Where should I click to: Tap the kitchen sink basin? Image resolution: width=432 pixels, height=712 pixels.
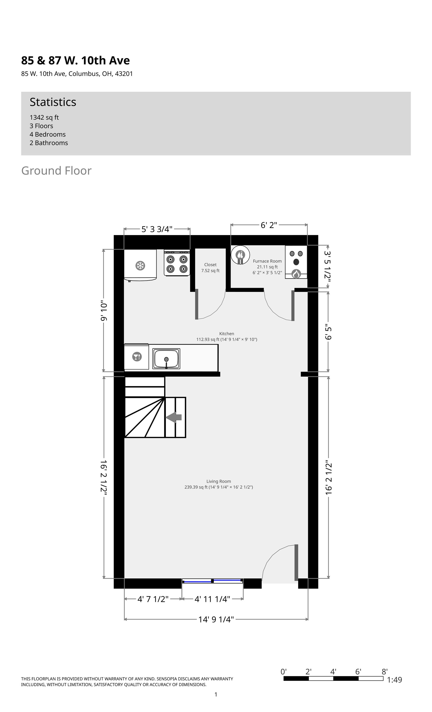pyautogui.click(x=166, y=359)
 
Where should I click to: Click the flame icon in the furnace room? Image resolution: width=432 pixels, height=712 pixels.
pyautogui.click(x=296, y=273)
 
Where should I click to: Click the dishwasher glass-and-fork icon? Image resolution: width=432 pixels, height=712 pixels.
pyautogui.click(x=137, y=357)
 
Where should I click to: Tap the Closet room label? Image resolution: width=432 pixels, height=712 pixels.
pyautogui.click(x=210, y=265)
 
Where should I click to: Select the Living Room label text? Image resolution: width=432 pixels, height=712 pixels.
pyautogui.click(x=219, y=481)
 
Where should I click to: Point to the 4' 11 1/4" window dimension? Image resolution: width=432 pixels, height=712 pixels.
pyautogui.click(x=212, y=599)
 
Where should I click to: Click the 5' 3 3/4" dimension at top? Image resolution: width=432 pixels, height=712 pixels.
pyautogui.click(x=157, y=229)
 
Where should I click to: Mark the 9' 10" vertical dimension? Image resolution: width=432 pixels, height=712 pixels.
pyautogui.click(x=104, y=311)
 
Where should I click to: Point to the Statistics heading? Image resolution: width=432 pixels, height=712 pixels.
pyautogui.click(x=53, y=102)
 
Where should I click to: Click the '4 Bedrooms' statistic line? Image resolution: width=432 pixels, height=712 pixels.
pyautogui.click(x=48, y=134)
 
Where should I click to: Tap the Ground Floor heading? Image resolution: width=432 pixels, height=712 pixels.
pyautogui.click(x=56, y=170)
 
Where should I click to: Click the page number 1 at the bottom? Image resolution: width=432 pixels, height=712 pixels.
pyautogui.click(x=216, y=694)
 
